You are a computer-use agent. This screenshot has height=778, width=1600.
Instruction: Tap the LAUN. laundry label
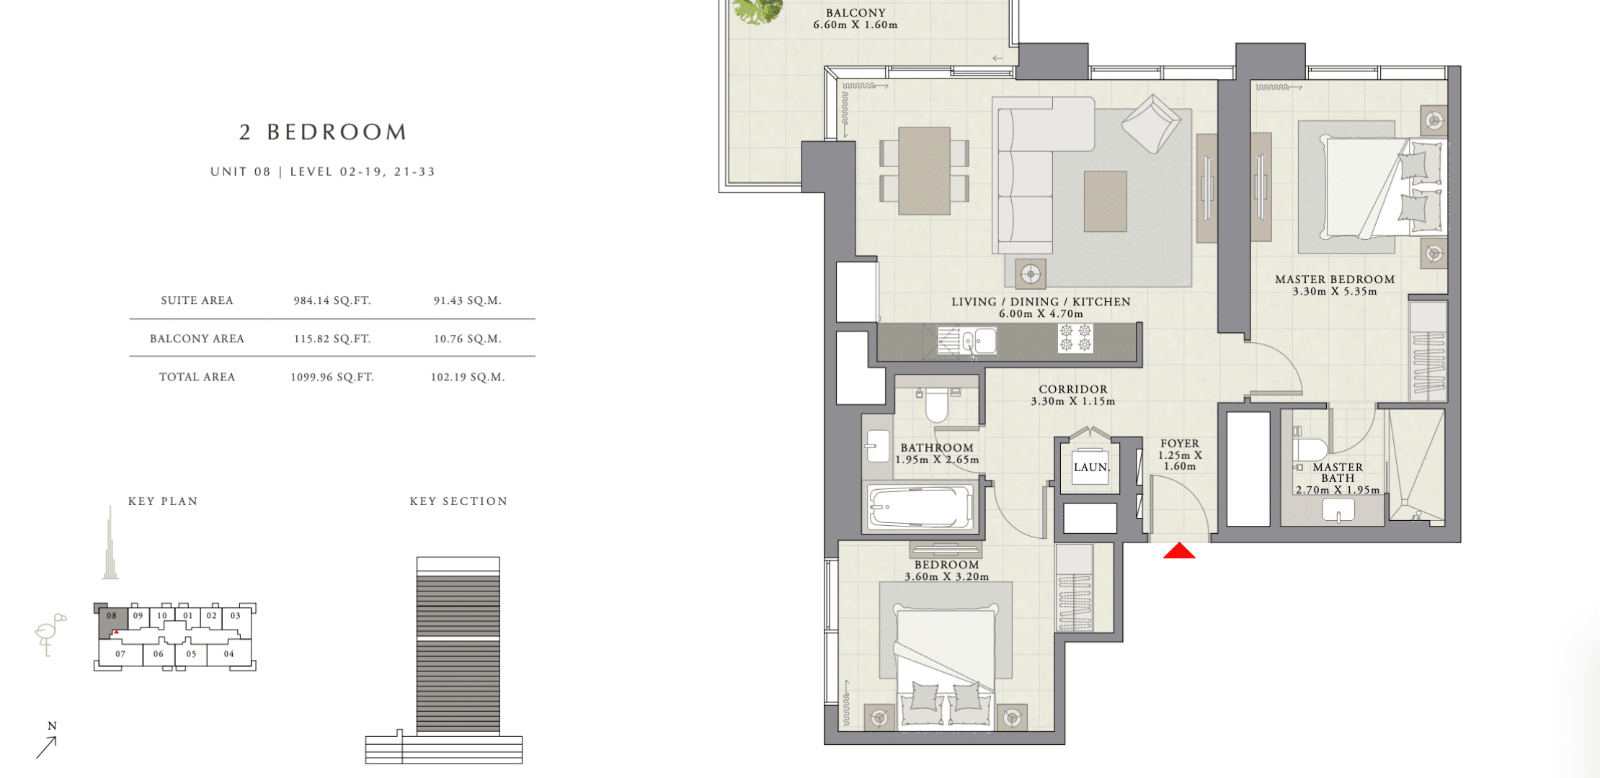pyautogui.click(x=1091, y=468)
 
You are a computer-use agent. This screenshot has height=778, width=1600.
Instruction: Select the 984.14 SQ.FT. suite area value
pyautogui.click(x=332, y=300)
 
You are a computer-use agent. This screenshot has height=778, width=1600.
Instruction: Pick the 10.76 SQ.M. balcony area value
pyautogui.click(x=468, y=339)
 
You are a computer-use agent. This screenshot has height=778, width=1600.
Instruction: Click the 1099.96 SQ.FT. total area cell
pyautogui.click(x=332, y=377)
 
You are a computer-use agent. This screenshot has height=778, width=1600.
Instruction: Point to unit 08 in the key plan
pyautogui.click(x=112, y=616)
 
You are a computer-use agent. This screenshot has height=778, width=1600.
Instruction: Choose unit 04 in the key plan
pyautogui.click(x=228, y=654)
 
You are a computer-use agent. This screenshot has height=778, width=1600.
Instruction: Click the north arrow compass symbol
pyautogui.click(x=47, y=741)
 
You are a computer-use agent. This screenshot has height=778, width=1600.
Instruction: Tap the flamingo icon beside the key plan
pyautogui.click(x=50, y=634)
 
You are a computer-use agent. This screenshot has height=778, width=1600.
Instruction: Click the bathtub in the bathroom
pyautogui.click(x=920, y=506)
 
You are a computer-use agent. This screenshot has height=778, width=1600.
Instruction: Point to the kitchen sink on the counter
pyautogui.click(x=979, y=341)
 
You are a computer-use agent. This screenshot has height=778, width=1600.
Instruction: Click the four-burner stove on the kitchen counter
pyautogui.click(x=1075, y=338)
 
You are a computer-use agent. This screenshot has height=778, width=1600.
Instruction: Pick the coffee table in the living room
pyautogui.click(x=1106, y=202)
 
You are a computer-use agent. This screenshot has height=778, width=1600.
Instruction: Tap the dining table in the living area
pyautogui.click(x=924, y=171)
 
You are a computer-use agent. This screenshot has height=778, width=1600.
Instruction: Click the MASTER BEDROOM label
pyautogui.click(x=1335, y=280)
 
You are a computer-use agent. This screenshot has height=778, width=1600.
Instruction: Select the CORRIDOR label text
pyautogui.click(x=1073, y=389)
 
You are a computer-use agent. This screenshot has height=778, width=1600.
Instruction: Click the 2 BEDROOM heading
pyautogui.click(x=324, y=132)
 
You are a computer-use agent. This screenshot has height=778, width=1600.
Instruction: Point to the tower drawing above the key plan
pyautogui.click(x=110, y=542)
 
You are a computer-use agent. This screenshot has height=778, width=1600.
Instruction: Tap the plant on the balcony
pyautogui.click(x=757, y=11)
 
